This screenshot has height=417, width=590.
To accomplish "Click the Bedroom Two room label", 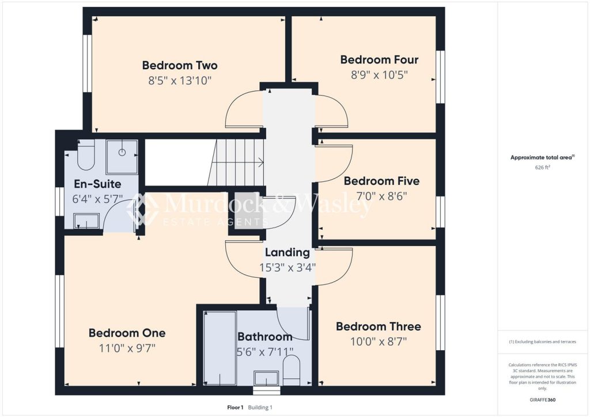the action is [x=180, y=66].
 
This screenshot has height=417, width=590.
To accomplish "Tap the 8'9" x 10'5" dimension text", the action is [x=379, y=75].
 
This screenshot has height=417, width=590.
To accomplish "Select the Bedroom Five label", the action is [x=381, y=181].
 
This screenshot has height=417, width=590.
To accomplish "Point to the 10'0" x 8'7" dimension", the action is [x=379, y=342].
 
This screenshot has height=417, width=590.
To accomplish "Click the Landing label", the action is [x=288, y=252].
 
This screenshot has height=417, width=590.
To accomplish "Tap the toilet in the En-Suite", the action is [x=86, y=155].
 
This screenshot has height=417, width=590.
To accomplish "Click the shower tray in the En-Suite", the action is [x=122, y=157].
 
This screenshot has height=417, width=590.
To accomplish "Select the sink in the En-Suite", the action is [x=86, y=221].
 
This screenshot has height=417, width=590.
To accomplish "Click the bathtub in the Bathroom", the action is [x=220, y=348].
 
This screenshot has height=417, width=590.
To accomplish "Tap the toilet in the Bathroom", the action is [x=291, y=370].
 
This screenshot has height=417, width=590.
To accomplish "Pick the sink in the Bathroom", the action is [x=266, y=378].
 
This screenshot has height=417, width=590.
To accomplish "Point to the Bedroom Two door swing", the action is [x=244, y=109].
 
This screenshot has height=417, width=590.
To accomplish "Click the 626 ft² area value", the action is [x=542, y=168].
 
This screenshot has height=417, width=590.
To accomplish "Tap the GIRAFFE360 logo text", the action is [x=542, y=400].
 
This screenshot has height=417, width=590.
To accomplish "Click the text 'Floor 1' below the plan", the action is [x=235, y=407].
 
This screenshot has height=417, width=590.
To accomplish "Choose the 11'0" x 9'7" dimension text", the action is [x=127, y=348].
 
